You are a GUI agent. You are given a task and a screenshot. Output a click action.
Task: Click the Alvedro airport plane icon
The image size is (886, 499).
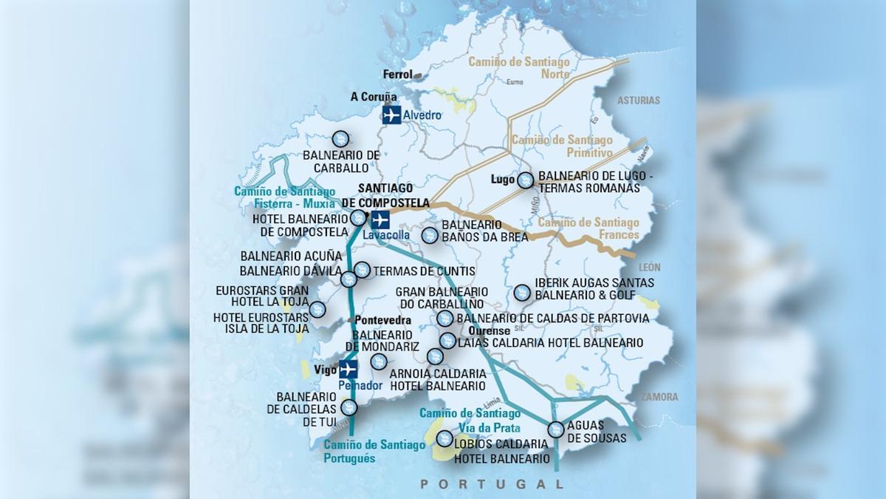click(391, 115)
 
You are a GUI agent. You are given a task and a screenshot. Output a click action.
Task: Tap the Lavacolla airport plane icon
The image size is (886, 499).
click(380, 220)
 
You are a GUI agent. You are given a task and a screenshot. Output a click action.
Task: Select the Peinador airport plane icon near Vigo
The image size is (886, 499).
click(348, 369)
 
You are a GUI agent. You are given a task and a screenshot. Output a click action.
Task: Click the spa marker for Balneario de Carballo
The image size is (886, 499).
click(340, 138)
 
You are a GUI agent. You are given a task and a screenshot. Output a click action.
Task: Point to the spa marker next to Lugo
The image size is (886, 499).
click(525, 180)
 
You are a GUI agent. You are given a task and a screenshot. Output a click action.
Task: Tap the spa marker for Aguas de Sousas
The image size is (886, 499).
click(555, 429)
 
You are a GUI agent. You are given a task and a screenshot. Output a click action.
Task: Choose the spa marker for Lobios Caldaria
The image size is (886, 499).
click(444, 438)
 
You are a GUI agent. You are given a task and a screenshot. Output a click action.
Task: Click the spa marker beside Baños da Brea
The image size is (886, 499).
click(429, 235)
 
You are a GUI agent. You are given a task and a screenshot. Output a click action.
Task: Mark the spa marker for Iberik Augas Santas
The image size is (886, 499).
click(521, 292)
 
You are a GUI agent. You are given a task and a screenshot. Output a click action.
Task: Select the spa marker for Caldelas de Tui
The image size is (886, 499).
click(349, 407)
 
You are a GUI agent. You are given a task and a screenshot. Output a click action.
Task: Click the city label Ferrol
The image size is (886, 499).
click(398, 75)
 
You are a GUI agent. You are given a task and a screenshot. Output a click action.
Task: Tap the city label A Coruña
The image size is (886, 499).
click(374, 97)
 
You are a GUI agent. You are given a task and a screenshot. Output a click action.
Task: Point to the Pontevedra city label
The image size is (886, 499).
click(382, 320)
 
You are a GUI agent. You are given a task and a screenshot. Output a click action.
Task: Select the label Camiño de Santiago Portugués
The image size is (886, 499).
click(374, 451)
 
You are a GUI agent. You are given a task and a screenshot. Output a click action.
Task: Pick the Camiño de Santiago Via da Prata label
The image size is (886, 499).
click(470, 420)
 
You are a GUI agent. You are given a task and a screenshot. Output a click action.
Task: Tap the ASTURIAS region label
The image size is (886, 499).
click(639, 101)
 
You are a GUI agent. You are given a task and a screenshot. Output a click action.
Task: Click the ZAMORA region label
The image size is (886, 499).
click(659, 397)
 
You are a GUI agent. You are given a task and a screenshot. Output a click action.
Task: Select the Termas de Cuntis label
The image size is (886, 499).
click(425, 271)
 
